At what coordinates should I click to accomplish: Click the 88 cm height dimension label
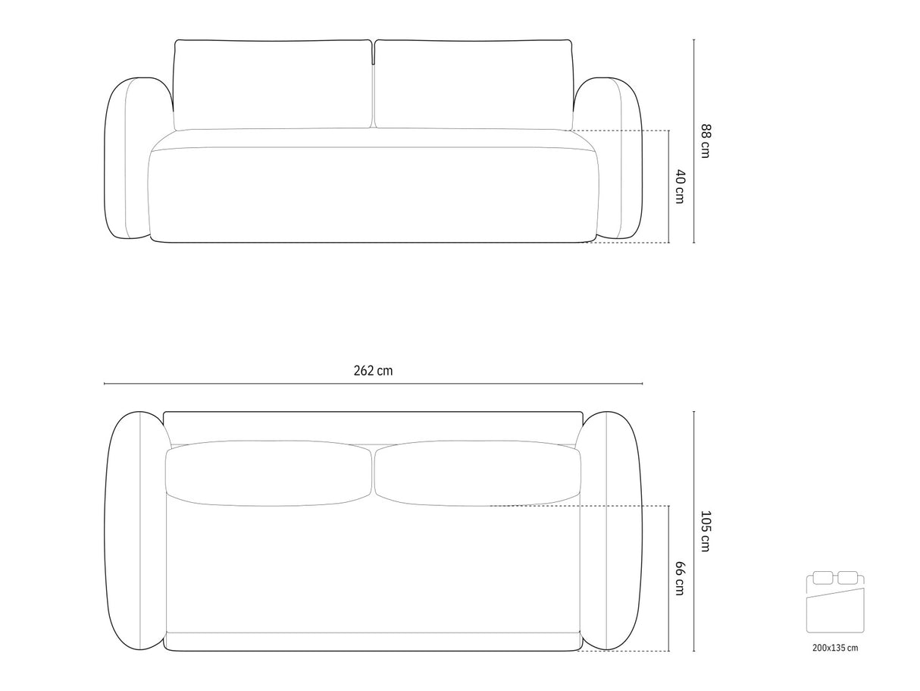point(706,141)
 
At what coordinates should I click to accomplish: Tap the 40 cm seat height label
point(681,187)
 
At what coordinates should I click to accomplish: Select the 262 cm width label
point(373,371)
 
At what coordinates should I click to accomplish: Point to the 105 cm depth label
point(706,531)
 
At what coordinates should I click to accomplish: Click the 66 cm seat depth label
point(681,578)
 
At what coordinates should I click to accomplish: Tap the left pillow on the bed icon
point(822,578)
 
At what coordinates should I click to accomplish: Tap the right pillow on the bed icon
point(847,578)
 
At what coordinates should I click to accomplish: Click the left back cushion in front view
point(272,85)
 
